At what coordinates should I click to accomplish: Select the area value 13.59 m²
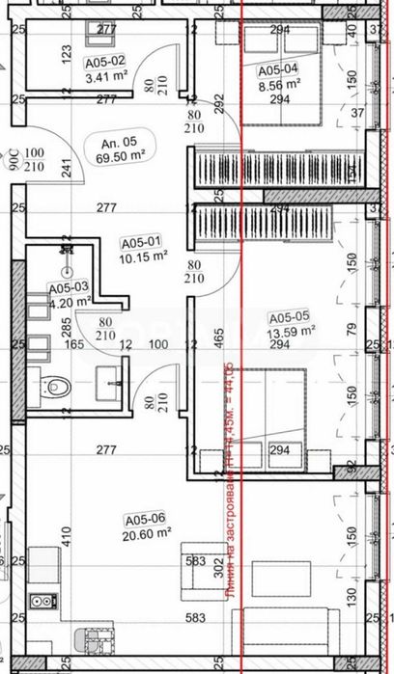[293, 330]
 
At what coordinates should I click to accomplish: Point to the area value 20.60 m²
[147, 529]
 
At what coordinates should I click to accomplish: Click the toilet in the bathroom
[58, 388]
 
